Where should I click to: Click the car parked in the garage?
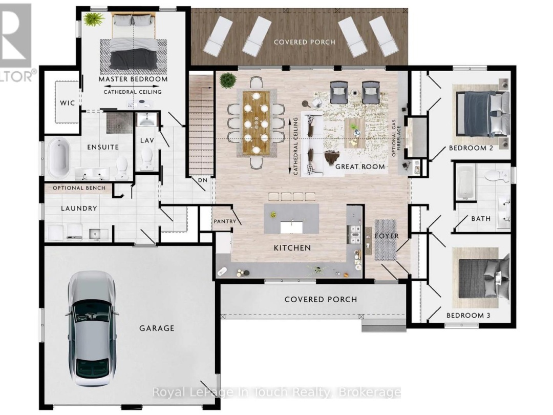pos(91,329)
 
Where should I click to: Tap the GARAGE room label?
pos(157,328)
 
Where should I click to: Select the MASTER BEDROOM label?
pos(133,79)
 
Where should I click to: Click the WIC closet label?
pos(67,103)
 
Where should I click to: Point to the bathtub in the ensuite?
pos(59,158)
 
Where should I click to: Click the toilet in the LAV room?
pos(146,158)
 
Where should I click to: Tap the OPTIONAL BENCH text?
pos(79,188)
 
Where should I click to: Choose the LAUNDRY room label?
pos(79,208)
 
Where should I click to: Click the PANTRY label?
pos(225,221)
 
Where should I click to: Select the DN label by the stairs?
pos(203,180)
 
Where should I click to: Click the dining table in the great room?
pos(256,123)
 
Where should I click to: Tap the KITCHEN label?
pos(292,248)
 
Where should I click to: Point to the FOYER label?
pos(387,236)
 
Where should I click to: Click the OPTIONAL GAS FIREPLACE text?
pos(396,138)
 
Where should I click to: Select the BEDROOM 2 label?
pos(471,148)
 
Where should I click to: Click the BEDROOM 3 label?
pos(469,315)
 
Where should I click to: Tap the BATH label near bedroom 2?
pos(481,219)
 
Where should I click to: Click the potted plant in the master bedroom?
pos(94,19)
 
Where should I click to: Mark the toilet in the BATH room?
pos(497,175)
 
